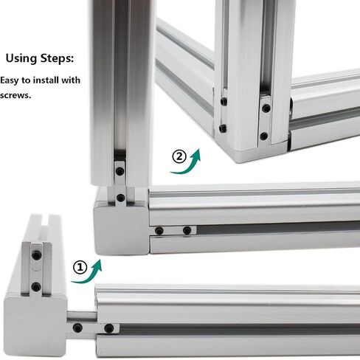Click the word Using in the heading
pyautogui.click(x=21, y=59)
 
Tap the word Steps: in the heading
pyautogui.click(x=57, y=58)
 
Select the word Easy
pyautogui.click(x=9, y=80)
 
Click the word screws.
pyautogui.click(x=15, y=95)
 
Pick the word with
pyautogui.click(x=71, y=80)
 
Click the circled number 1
pyautogui.click(x=80, y=267)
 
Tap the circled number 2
pyautogui.click(x=179, y=156)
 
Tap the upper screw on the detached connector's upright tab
pyautogui.click(x=37, y=255)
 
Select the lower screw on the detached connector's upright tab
pyautogui.click(x=36, y=286)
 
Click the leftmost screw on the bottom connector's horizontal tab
pyautogui.click(x=77, y=328)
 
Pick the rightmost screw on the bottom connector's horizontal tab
pyautogui.click(x=109, y=328)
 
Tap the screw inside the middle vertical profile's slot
pyautogui.click(x=120, y=171)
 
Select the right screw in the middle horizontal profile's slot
pyautogui.click(x=187, y=231)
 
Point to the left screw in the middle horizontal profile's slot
pyautogui.click(x=159, y=231)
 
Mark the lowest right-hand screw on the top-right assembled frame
pyautogui.click(x=264, y=136)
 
